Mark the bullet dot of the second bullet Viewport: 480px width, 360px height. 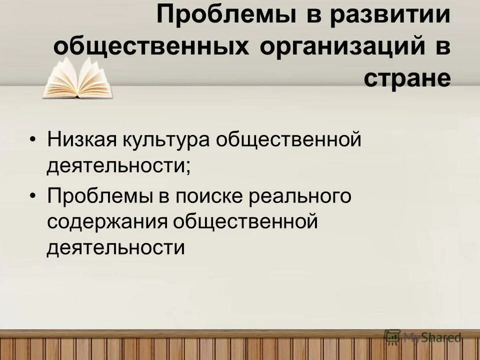pyautogui.click(x=33, y=196)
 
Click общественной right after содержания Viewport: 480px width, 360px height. pyautogui.click(x=245, y=222)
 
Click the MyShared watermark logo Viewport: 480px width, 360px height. pyautogui.click(x=422, y=337)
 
